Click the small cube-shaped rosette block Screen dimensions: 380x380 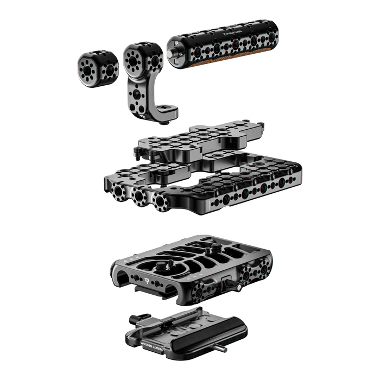pyautogui.click(x=96, y=69)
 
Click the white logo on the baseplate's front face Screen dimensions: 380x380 pyautogui.click(x=165, y=282)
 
